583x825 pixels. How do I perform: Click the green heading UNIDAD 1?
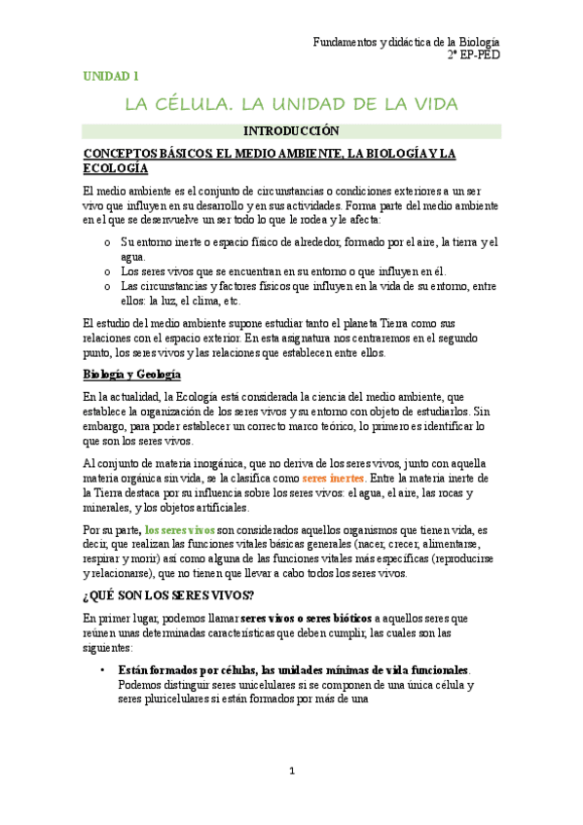pos(111,75)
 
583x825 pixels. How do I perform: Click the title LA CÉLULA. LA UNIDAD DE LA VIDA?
pos(290,104)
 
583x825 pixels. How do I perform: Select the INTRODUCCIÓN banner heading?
pos(291,130)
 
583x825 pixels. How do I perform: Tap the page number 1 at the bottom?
pos(291,771)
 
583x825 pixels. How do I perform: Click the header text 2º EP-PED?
pos(474,56)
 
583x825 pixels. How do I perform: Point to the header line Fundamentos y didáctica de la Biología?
pos(406,42)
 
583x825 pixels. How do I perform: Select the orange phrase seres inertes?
pos(334,479)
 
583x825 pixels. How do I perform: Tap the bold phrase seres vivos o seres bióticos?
pos(306,618)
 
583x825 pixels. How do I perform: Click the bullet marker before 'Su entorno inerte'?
pos(106,242)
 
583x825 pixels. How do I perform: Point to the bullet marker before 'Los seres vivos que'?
pos(106,271)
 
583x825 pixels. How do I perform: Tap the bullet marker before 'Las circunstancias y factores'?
pos(106,286)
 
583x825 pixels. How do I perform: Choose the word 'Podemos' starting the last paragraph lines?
pos(141,685)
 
